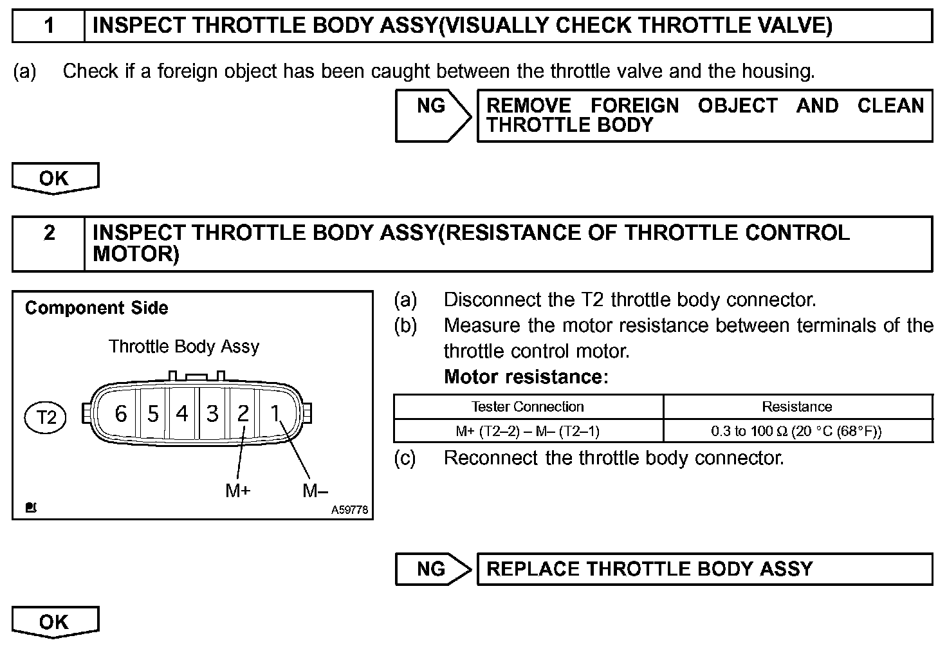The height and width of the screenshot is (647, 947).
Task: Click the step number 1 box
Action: coord(49,26)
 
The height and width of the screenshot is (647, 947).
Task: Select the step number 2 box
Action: coord(49,243)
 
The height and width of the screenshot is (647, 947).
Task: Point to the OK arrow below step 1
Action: coord(55,178)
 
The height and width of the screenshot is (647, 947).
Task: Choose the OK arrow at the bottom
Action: coord(55,622)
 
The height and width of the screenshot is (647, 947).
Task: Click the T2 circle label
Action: coord(45,417)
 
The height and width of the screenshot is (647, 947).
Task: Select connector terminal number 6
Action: coord(120,414)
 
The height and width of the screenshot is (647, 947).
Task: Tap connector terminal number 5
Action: coord(152,414)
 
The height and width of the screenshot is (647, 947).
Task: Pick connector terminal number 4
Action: coord(182,414)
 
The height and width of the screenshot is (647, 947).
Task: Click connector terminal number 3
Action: coord(212,414)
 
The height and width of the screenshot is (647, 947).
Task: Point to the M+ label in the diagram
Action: coord(237,491)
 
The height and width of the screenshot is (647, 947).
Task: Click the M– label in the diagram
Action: coord(315,491)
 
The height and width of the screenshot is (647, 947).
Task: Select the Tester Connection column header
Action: coord(528,406)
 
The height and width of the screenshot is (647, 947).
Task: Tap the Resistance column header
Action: coord(796,406)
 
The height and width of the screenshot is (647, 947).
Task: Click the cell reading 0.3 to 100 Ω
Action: coord(796,431)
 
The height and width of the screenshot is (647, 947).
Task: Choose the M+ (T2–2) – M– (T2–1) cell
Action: coord(528,431)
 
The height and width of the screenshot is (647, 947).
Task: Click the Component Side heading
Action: coord(97,308)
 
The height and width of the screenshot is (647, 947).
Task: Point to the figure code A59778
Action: coord(349,510)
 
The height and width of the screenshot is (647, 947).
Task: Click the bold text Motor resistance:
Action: coord(526,377)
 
